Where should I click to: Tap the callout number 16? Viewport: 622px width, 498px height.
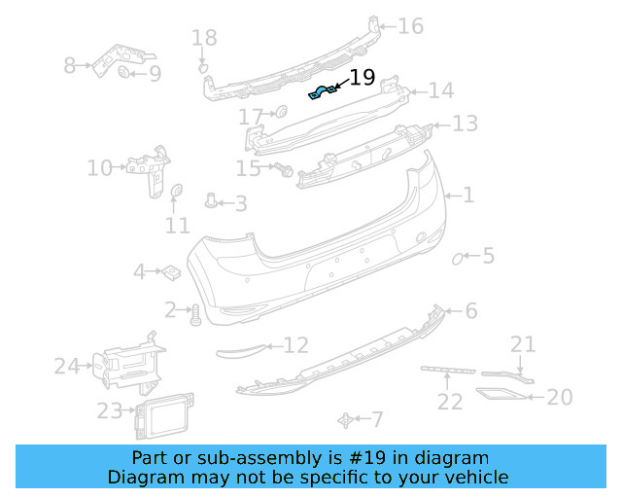click(x=410, y=26)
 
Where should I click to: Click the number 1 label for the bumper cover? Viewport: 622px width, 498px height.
click(x=467, y=196)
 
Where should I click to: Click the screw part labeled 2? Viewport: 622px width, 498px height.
click(x=195, y=314)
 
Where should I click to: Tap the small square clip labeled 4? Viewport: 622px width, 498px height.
click(x=167, y=271)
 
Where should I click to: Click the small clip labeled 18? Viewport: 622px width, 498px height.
click(x=203, y=68)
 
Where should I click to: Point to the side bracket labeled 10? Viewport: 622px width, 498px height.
click(x=149, y=170)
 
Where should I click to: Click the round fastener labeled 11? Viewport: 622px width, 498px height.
click(x=177, y=193)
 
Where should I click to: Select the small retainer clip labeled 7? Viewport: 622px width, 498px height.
click(x=344, y=419)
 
